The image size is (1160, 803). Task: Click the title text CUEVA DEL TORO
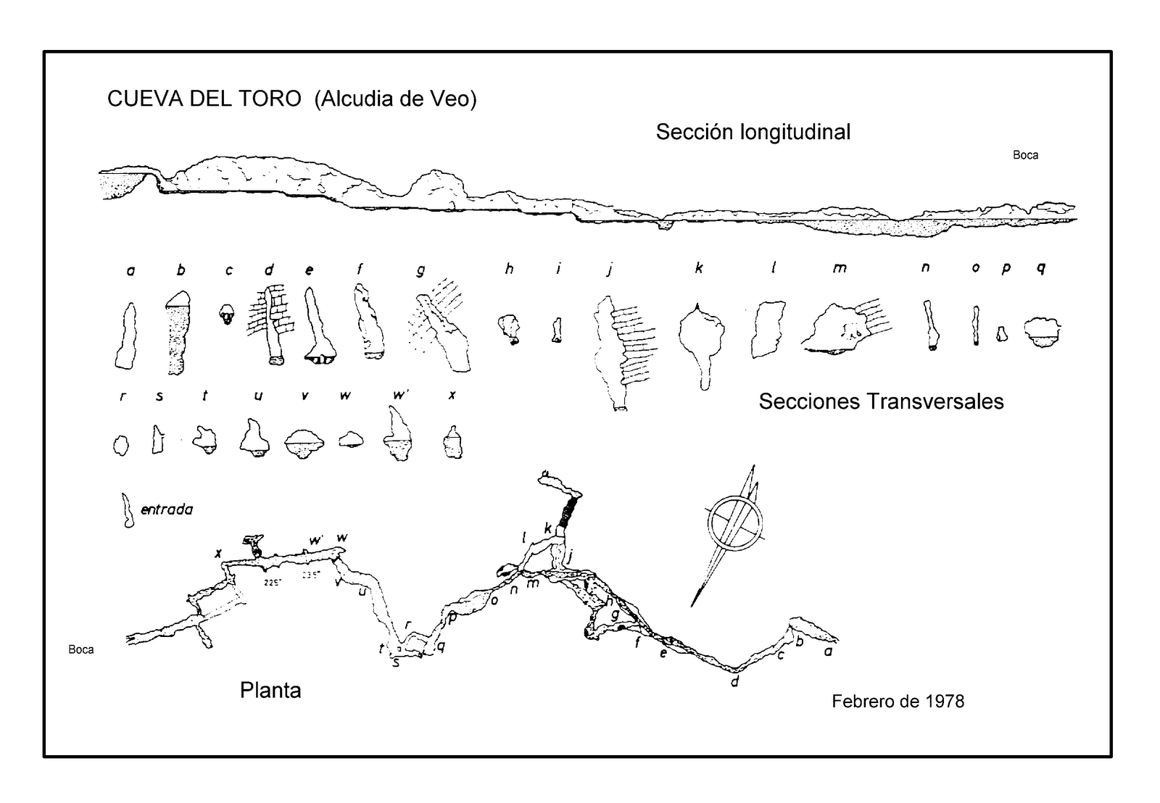point(204,99)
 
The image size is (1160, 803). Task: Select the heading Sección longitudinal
point(753,132)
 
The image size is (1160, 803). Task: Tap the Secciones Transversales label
point(881,401)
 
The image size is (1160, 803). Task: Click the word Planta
point(270,690)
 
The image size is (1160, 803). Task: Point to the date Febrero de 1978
point(898,701)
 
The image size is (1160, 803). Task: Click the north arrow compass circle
point(735,523)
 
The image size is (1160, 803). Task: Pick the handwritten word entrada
point(167,509)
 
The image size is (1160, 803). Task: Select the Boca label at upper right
point(1025,155)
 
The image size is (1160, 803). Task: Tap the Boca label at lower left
point(81,649)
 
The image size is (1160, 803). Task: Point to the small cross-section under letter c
point(228,313)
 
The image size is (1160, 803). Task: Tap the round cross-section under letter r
point(121,444)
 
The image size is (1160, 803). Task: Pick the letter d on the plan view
point(734,681)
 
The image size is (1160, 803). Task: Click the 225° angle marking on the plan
point(273,581)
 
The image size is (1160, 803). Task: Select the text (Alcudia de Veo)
point(395,99)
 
